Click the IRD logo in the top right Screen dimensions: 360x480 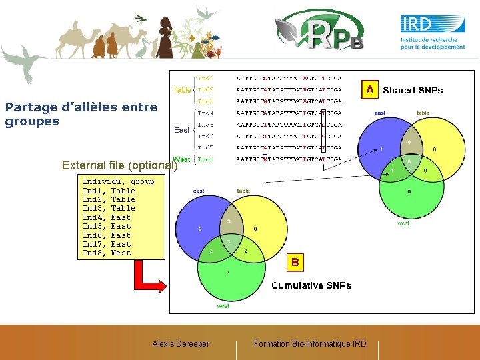tap(433, 31)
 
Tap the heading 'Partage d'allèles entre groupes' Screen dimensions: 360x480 tap(81, 114)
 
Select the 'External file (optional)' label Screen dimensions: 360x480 tap(119, 165)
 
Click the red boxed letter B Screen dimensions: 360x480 tap(295, 263)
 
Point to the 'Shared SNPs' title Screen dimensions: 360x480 tap(413, 90)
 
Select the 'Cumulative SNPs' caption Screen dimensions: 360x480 tap(311, 285)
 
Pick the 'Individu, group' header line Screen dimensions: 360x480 tap(118, 181)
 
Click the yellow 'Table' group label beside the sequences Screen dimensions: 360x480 tap(181, 89)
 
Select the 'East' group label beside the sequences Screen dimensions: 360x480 tap(181, 130)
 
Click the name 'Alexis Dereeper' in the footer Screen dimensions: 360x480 tap(181, 344)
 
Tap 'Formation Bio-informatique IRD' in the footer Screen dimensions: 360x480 tap(310, 344)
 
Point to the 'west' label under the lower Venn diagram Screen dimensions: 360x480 tap(223, 306)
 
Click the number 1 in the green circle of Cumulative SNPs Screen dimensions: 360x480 tap(229, 273)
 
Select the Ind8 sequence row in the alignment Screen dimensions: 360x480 tap(289, 159)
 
